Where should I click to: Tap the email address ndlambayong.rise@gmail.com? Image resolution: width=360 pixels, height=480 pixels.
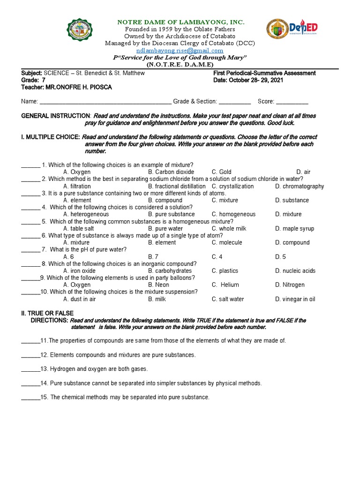[x=180, y=51]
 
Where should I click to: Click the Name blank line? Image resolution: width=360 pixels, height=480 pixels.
[x=105, y=102]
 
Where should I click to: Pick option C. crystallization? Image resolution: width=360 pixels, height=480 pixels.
[x=232, y=186]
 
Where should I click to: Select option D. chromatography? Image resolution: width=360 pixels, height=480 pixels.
[x=300, y=186]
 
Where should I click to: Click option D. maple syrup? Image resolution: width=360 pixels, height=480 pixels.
[x=295, y=229]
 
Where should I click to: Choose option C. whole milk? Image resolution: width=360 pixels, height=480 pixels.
[x=229, y=229]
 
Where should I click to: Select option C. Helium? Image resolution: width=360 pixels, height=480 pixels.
[x=225, y=285]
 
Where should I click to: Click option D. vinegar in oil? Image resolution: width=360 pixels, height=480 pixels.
[x=295, y=299]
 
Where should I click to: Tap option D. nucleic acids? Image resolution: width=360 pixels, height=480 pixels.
[x=295, y=271]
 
